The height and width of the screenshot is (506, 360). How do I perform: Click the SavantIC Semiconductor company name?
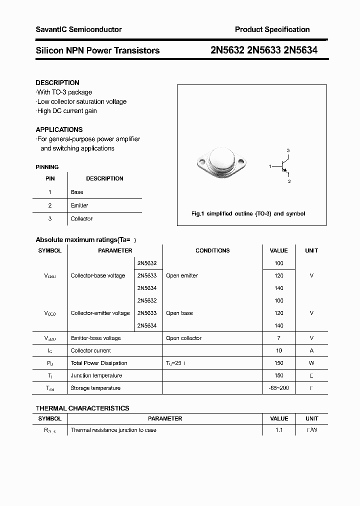(78, 29)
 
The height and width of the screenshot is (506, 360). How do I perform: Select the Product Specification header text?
(272, 29)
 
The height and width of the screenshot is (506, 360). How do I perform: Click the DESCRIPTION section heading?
(57, 82)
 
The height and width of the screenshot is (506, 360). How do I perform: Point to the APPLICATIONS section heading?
(59, 129)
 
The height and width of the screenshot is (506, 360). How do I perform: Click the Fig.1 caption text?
(248, 213)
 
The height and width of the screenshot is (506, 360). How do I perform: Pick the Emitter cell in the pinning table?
(79, 205)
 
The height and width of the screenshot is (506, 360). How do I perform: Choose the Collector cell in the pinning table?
(81, 218)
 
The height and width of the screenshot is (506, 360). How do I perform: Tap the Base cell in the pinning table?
(77, 192)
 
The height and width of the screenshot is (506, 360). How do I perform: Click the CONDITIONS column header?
(212, 250)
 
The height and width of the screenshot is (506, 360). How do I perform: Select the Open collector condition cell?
(183, 338)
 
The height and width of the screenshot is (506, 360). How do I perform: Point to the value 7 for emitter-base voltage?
(278, 338)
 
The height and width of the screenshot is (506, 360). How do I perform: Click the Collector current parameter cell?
(90, 350)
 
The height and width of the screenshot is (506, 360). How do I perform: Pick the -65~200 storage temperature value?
(278, 388)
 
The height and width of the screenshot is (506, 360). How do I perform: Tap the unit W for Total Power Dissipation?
(311, 363)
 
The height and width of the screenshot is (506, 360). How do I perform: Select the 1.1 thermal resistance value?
(278, 430)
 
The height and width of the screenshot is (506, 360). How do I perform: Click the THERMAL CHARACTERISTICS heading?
(82, 408)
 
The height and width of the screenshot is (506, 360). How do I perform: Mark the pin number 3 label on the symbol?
(288, 150)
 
